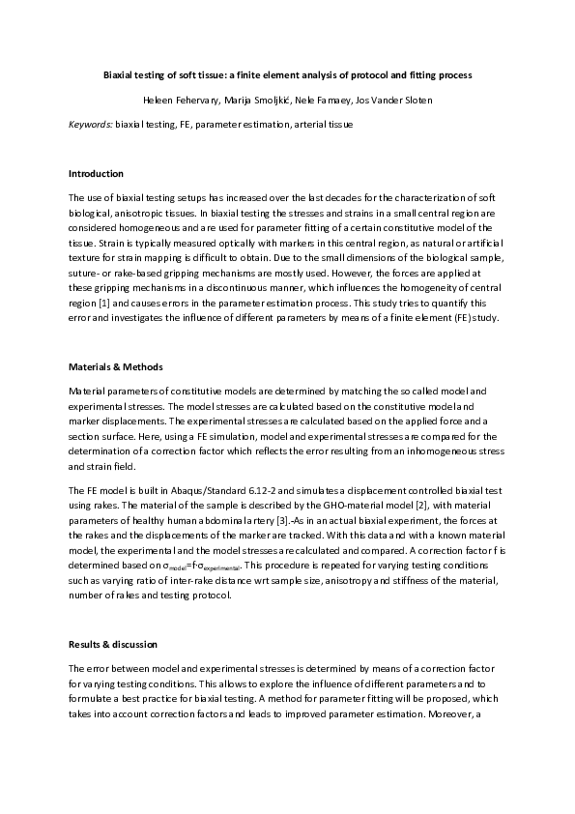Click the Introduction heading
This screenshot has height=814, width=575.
click(x=96, y=174)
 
